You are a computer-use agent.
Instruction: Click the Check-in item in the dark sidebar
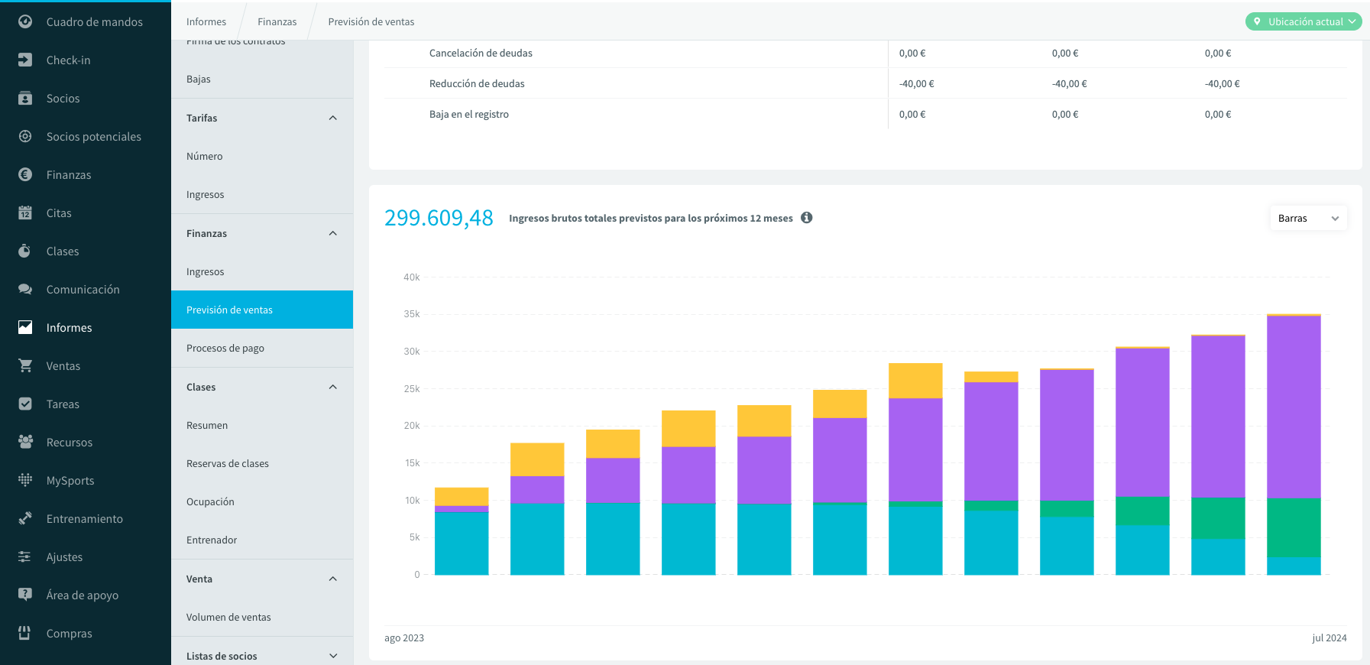tap(68, 60)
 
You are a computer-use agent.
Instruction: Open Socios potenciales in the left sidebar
tap(93, 137)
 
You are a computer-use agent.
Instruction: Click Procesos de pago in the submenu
tap(225, 349)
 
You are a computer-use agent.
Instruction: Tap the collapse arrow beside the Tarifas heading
tap(333, 118)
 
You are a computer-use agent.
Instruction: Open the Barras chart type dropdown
tap(1308, 219)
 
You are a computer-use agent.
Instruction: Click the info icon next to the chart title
tap(806, 218)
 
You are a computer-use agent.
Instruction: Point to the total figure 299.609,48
tap(439, 219)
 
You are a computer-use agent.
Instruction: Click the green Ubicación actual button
tap(1304, 21)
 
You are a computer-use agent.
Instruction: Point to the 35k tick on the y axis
tap(412, 314)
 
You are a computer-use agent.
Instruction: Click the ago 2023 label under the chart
tap(404, 638)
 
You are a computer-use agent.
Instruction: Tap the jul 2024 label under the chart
tap(1330, 638)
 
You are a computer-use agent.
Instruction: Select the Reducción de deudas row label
tap(477, 84)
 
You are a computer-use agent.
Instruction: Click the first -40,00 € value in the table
tap(916, 84)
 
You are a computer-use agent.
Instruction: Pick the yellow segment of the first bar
tap(462, 497)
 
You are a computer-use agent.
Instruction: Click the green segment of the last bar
tap(1294, 528)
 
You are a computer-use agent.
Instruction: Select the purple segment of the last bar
tap(1294, 407)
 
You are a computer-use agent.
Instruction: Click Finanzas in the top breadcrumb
tap(277, 22)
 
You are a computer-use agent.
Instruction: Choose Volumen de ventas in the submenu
tap(228, 618)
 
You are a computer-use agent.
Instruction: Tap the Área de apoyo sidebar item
tap(82, 595)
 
